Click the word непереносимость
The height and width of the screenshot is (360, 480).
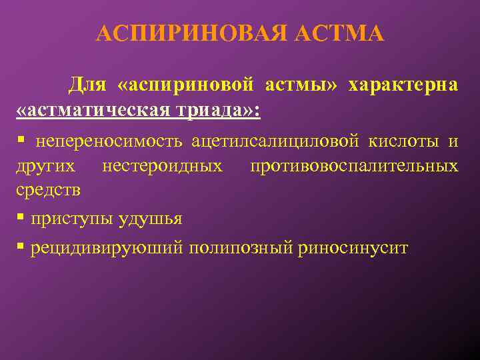point(110,141)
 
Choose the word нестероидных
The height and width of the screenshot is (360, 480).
point(163,165)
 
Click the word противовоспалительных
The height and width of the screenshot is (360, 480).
point(354,165)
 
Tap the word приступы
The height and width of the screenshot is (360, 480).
point(74,219)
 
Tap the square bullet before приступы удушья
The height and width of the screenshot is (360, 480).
point(21,218)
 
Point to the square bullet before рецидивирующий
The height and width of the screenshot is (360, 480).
point(21,247)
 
